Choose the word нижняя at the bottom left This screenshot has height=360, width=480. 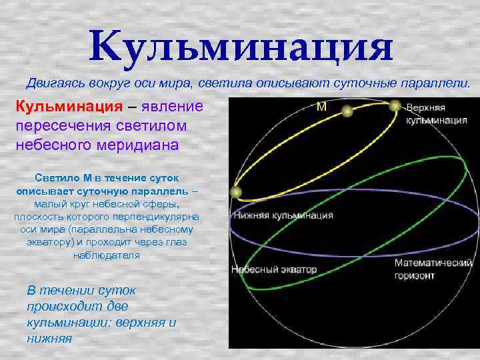pyautogui.click(x=49, y=338)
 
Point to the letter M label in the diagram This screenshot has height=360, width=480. pyautogui.click(x=322, y=107)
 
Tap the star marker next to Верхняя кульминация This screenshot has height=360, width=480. pyautogui.click(x=395, y=105)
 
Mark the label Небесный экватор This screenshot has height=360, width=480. pyautogui.click(x=274, y=270)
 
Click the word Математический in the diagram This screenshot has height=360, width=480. pyautogui.click(x=433, y=263)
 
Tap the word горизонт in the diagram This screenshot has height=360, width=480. pyautogui.click(x=415, y=275)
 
